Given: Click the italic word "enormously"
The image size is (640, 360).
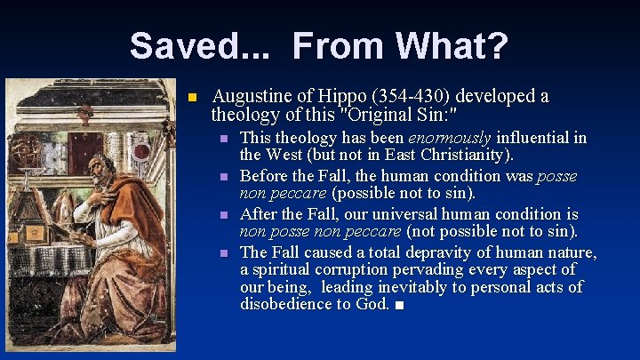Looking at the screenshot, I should [449, 139].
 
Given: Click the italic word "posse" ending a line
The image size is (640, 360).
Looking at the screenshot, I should [556, 176].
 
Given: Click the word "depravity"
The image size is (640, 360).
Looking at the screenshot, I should [448, 252].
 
